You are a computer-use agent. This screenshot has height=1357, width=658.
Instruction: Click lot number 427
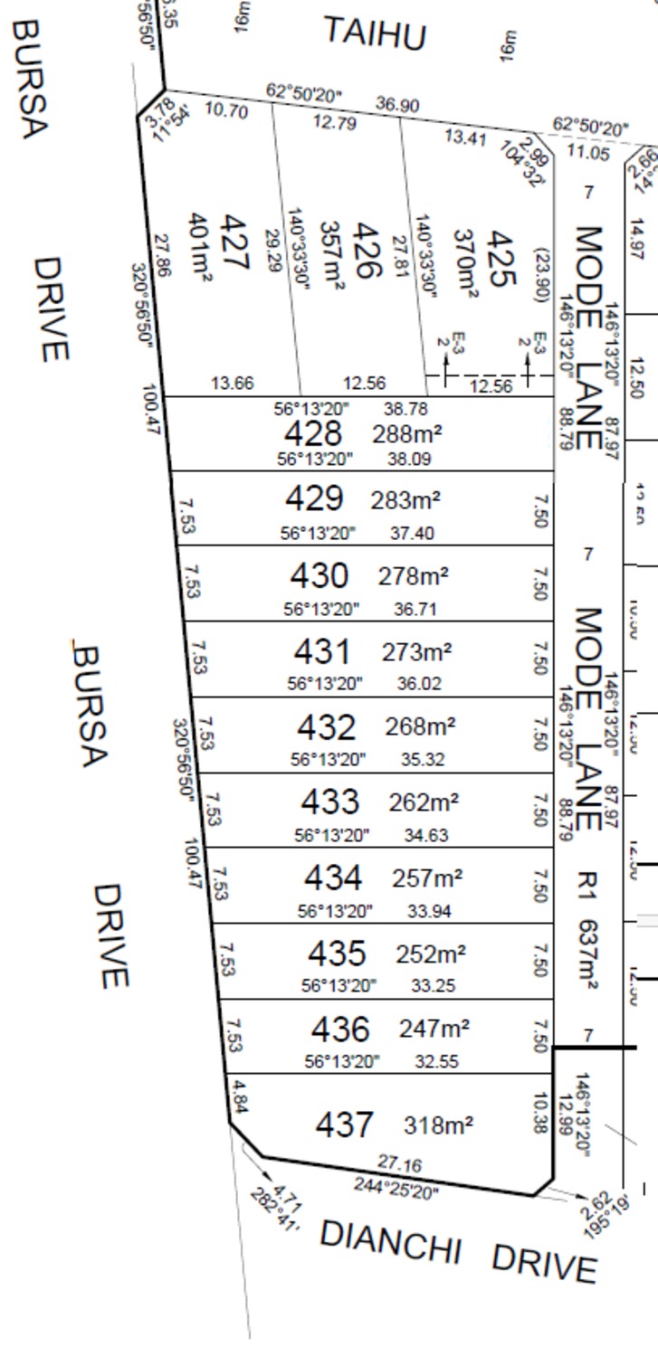[234, 242]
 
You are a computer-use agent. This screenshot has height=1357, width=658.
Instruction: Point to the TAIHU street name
[375, 34]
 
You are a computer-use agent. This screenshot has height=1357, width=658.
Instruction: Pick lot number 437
[343, 1125]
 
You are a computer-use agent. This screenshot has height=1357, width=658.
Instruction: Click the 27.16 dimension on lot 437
[399, 1163]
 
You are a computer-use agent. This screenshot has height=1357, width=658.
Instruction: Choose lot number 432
[327, 726]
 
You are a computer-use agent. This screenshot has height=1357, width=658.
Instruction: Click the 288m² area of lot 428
[407, 433]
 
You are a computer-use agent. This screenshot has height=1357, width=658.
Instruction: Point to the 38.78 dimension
[405, 409]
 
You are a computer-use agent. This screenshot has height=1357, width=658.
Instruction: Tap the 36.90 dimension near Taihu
[397, 105]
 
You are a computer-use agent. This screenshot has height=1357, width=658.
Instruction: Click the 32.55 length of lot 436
[435, 1061]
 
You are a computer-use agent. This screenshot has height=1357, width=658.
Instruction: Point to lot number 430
[319, 575]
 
